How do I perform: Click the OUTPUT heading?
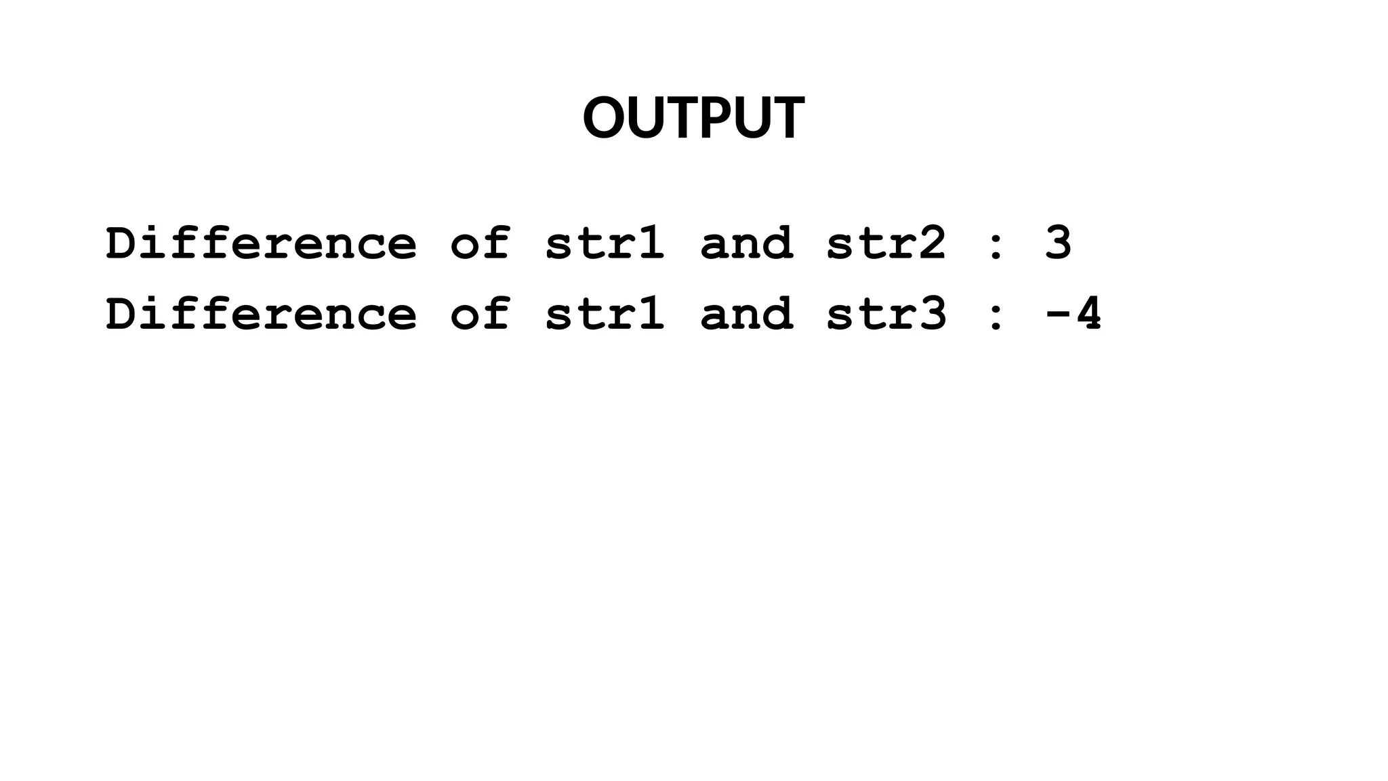pos(693,118)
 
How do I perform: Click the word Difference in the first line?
pos(261,243)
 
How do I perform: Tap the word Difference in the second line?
pos(261,314)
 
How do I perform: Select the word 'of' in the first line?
pos(480,243)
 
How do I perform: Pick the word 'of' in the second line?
pos(480,314)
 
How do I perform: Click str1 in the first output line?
pos(605,243)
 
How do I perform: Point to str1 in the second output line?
pos(605,314)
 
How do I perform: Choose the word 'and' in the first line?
pos(746,243)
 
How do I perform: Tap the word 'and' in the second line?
pos(746,314)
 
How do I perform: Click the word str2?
pos(886,243)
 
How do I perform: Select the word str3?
pos(886,314)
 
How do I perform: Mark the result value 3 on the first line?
pos(1058,243)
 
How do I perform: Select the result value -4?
pos(1074,314)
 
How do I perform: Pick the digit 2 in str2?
pos(933,243)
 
